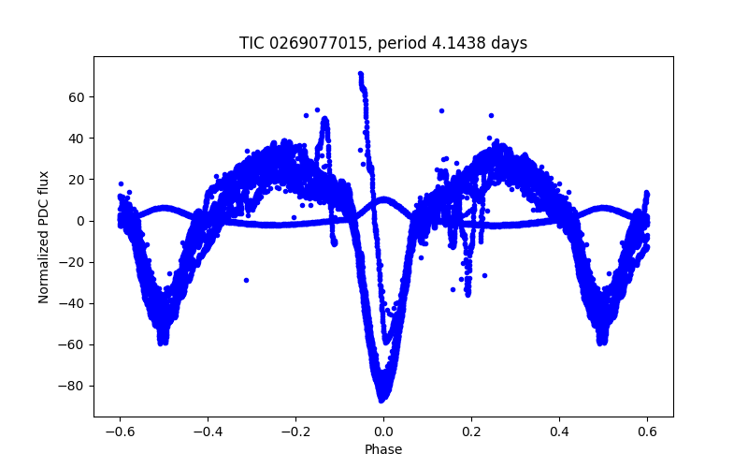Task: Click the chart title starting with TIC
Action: (x=383, y=43)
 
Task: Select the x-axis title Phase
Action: (x=383, y=449)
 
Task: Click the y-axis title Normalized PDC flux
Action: (x=44, y=236)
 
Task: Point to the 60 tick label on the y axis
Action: (x=78, y=97)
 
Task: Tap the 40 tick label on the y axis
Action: (x=78, y=139)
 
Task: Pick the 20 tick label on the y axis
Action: (x=78, y=180)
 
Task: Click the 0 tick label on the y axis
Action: (x=81, y=221)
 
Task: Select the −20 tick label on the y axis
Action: (x=74, y=262)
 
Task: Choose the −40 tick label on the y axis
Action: (x=74, y=303)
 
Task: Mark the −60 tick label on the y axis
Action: (x=74, y=344)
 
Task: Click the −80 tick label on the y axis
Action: (x=74, y=386)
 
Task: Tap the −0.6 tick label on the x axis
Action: (x=120, y=431)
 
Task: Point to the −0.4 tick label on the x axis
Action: (x=208, y=431)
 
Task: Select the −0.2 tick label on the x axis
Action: (x=295, y=431)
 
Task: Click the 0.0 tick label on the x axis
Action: (x=383, y=431)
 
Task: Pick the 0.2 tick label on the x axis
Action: (x=471, y=431)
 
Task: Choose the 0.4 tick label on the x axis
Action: (x=559, y=431)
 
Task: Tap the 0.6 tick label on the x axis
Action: (x=647, y=431)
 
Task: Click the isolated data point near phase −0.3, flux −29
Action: (x=246, y=280)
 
